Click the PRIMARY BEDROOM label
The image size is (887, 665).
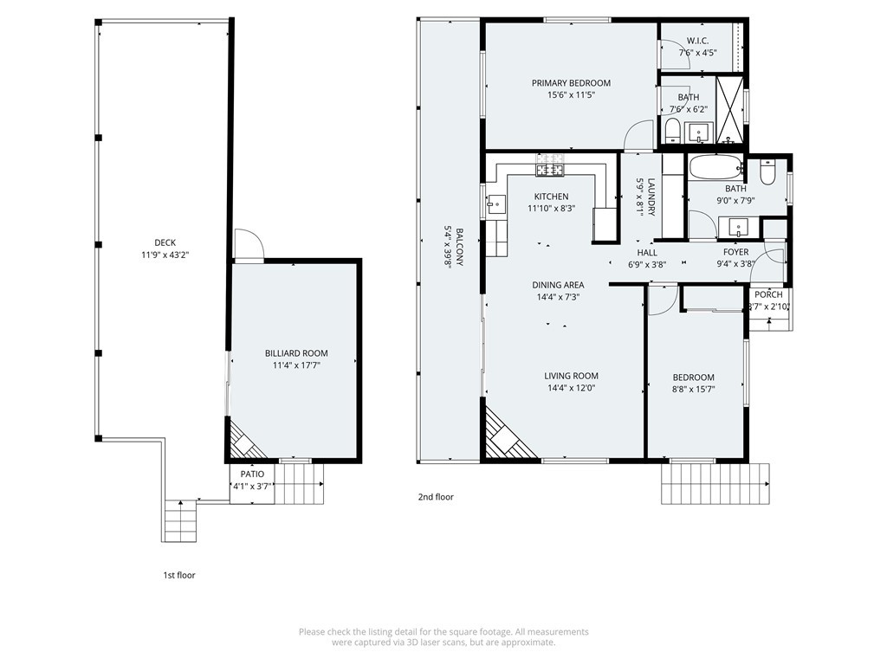point(571,83)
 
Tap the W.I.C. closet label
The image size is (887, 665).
point(697,41)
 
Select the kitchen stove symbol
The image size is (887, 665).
point(550,170)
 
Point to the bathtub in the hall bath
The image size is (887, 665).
point(715,167)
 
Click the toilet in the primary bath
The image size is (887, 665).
point(672,132)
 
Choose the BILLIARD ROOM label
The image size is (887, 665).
point(296,353)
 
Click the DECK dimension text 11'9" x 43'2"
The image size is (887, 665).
point(165,255)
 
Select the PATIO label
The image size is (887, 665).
point(252,474)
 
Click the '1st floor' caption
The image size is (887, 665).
point(179,575)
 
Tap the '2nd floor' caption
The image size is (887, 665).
point(436,497)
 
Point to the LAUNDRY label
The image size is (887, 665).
point(651,197)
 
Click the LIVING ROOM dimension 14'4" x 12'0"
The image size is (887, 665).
point(572,388)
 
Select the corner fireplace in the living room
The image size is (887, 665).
point(506,431)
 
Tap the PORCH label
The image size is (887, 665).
point(769,294)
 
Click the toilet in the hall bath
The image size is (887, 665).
point(767,172)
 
